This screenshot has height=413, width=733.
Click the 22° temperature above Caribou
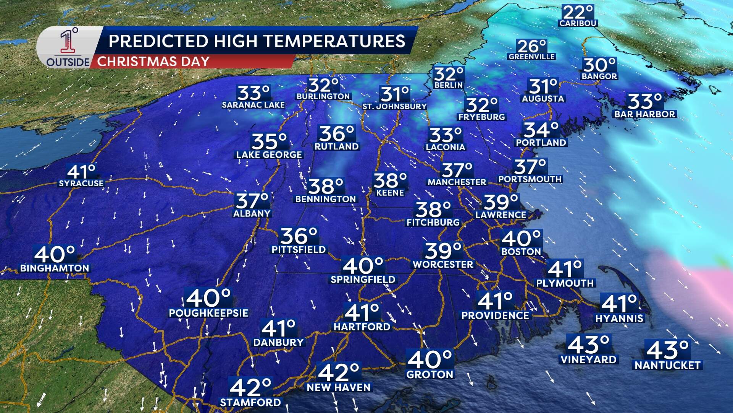pos(578,12)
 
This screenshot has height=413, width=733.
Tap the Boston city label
pos(521,252)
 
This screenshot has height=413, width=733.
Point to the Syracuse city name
pos(81,184)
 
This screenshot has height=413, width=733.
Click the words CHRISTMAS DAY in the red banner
pos(153,62)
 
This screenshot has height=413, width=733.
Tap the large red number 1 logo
pos(68,42)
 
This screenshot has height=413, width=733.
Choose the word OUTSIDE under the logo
pos(68,62)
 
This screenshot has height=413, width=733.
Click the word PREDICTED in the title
pos(158,41)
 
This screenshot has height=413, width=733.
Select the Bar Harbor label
pos(644,114)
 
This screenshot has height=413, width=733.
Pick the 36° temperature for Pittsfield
pos(299,236)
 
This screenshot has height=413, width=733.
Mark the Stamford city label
pos(250,402)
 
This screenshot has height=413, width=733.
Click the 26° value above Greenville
pos(532,47)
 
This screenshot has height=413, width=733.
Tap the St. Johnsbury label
pos(394,106)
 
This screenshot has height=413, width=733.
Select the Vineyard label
pos(588,359)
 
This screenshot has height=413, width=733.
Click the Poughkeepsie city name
pos(208,313)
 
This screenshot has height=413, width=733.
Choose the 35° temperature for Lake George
pos(269,141)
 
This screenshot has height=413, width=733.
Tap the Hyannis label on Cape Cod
pos(619,318)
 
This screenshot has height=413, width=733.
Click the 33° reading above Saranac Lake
pos(253,93)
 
